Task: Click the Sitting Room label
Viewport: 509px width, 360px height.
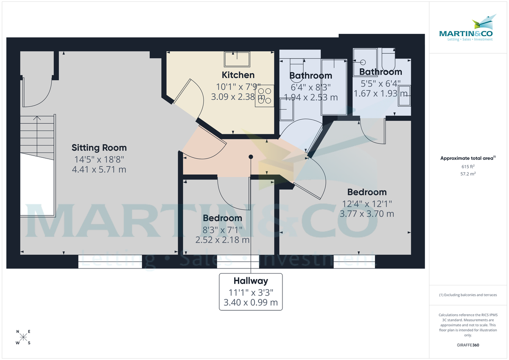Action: pyautogui.click(x=99, y=148)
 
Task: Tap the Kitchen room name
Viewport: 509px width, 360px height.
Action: pyautogui.click(x=238, y=75)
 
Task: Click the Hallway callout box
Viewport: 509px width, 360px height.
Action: pyautogui.click(x=251, y=292)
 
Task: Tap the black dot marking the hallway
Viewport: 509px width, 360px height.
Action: pyautogui.click(x=251, y=157)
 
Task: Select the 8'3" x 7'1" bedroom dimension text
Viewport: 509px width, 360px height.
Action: pyautogui.click(x=222, y=229)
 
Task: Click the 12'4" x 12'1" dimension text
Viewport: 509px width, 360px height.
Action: pyautogui.click(x=367, y=204)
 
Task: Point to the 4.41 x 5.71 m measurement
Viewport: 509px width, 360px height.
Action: pyautogui.click(x=99, y=170)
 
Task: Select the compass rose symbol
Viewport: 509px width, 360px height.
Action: pyautogui.click(x=23, y=338)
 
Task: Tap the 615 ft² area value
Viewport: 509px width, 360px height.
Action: pyautogui.click(x=468, y=166)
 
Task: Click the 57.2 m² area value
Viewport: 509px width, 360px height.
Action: pyautogui.click(x=468, y=173)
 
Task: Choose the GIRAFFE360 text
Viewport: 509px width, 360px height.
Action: pyautogui.click(x=468, y=345)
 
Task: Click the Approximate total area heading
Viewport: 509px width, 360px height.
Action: pyautogui.click(x=468, y=158)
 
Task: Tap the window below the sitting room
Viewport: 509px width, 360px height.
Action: pyautogui.click(x=110, y=262)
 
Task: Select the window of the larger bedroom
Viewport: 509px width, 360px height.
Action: pyautogui.click(x=355, y=262)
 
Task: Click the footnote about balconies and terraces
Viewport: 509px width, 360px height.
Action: pyautogui.click(x=468, y=295)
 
